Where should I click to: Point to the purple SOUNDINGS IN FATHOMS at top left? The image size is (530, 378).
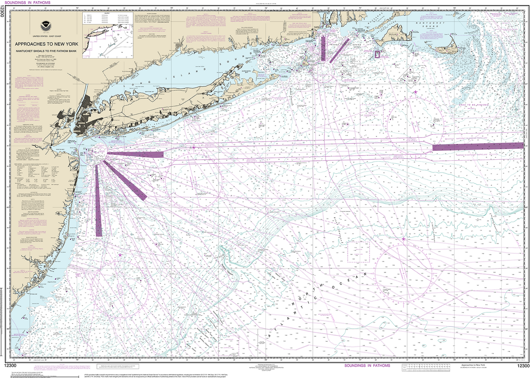click(28, 3)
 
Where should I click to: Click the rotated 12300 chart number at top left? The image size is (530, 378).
click(3, 14)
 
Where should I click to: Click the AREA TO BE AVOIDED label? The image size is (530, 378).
click(473, 105)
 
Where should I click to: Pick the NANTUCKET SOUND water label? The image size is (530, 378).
click(433, 25)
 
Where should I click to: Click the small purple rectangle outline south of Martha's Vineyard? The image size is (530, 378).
click(377, 54)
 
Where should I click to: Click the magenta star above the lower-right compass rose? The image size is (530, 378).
click(403, 239)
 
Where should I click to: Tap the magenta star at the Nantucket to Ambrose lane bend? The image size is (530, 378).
click(194, 148)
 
